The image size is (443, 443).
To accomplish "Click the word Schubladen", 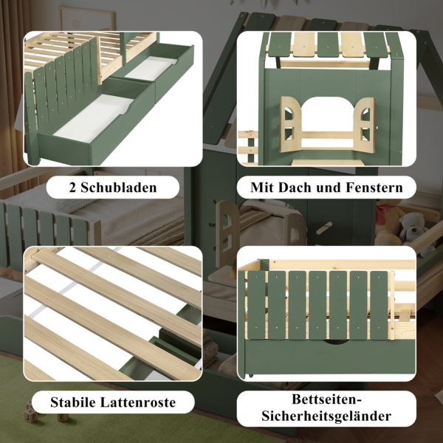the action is coord(119,188).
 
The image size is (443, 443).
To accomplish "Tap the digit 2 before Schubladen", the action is coord(72,188).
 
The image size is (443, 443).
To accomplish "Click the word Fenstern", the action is coord(374,188).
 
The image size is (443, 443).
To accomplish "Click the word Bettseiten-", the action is coord(327,399).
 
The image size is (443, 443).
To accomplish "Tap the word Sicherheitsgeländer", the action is coord(326,416).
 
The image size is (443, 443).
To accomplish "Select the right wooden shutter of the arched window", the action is coord(365,125).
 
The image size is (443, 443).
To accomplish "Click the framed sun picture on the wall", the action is coord(86,18).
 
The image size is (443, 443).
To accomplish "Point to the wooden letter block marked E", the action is coord(63,418).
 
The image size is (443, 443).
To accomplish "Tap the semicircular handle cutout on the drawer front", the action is coord(335,343).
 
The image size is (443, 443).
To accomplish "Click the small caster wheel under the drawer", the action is coord(250,376).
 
